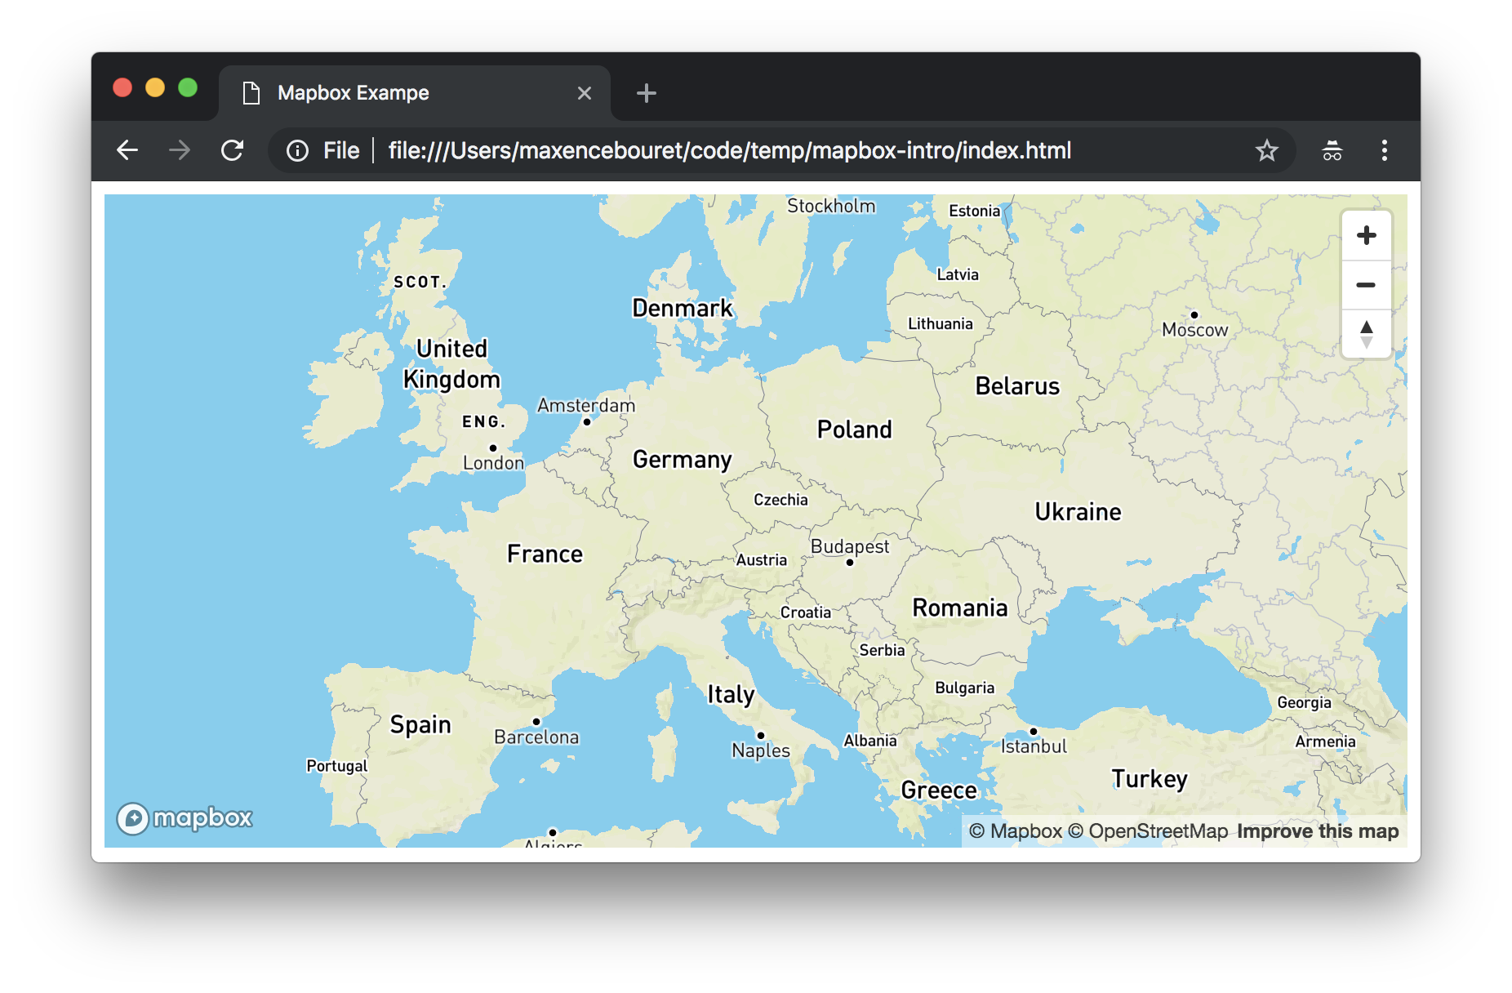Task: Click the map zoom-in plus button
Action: pos(1366,236)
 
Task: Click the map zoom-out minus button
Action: pos(1366,285)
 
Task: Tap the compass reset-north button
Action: pos(1366,334)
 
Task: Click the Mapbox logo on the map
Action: pos(185,817)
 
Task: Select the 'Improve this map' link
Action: pos(1317,831)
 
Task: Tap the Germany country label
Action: pos(682,460)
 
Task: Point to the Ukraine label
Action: pos(1078,512)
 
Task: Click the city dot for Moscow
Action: pos(1194,315)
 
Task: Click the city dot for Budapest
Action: pos(850,563)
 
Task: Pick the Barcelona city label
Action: pos(536,737)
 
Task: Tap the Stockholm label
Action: pos(830,206)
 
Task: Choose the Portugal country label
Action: pos(336,766)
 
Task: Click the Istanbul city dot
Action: pos(1034,732)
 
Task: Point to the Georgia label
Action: pos(1304,702)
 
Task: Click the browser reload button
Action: pos(233,150)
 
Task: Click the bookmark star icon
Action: pos(1266,150)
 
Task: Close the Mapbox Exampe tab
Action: pos(585,93)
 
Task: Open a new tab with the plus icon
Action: pos(646,93)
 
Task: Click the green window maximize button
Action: pos(188,87)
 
